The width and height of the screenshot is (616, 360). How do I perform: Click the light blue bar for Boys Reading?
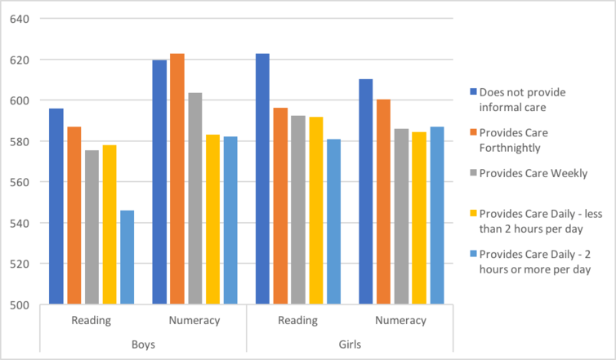[x=127, y=257]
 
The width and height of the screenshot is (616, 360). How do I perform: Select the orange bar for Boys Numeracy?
[x=177, y=179]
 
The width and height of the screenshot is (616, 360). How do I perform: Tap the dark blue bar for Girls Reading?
[x=262, y=179]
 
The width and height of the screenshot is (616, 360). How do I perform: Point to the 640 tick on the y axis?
[x=20, y=19]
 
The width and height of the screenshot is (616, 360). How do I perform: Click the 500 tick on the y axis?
[x=20, y=304]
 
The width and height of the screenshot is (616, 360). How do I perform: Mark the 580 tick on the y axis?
[x=20, y=141]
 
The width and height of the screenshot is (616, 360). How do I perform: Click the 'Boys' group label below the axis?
[x=143, y=344]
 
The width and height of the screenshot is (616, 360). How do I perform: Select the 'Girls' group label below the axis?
[x=349, y=344]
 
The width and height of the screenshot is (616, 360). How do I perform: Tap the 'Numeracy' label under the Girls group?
[x=400, y=321]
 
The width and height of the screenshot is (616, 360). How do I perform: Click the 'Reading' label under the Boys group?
[x=92, y=321]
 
